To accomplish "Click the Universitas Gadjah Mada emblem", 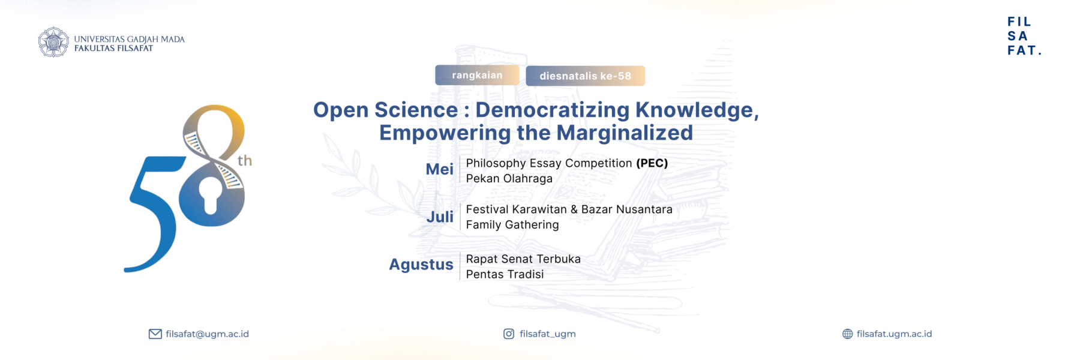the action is [53, 42].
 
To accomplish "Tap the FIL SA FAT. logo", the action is [1024, 36].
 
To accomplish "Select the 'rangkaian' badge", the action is [477, 75].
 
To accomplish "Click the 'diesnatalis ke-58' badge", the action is [585, 76].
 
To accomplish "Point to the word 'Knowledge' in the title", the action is [697, 110].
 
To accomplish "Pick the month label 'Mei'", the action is [439, 169].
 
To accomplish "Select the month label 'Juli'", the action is [440, 217].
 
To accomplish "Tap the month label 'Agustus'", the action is [421, 265].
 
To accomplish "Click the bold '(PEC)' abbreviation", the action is [652, 163].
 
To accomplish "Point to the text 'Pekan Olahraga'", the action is [509, 179].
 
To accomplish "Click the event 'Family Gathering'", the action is [512, 225].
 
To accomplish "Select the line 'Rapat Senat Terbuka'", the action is [523, 259].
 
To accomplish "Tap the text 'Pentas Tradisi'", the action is [505, 274].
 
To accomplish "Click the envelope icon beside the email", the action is [155, 334].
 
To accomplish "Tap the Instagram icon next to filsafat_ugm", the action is [509, 334].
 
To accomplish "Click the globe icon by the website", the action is [847, 334].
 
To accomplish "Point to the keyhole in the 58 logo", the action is [210, 194].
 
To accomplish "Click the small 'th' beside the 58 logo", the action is [245, 161].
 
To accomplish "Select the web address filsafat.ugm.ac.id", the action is [894, 334].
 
